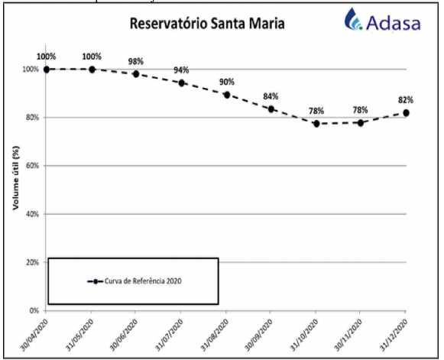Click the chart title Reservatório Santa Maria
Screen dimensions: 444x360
pos(207,24)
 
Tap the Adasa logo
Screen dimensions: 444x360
pos(382,20)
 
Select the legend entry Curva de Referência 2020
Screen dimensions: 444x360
pos(134,281)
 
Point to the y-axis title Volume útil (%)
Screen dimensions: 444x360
pos(16,178)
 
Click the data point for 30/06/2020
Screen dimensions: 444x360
pos(136,74)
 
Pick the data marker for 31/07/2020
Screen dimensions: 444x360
pos(182,83)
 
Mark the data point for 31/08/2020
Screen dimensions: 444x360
pos(227,95)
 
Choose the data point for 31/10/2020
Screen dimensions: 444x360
pos(316,124)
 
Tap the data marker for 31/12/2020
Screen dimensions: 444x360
pos(406,113)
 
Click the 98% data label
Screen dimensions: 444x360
pos(136,61)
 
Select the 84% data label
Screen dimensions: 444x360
pos(271,96)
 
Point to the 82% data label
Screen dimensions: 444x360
pos(406,100)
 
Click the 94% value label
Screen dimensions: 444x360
pos(181,70)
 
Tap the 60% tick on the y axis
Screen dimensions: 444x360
pos(33,166)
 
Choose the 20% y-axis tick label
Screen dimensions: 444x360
pos(33,262)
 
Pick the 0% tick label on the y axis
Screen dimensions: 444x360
pos(34,311)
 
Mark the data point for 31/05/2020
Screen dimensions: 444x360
pos(92,70)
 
